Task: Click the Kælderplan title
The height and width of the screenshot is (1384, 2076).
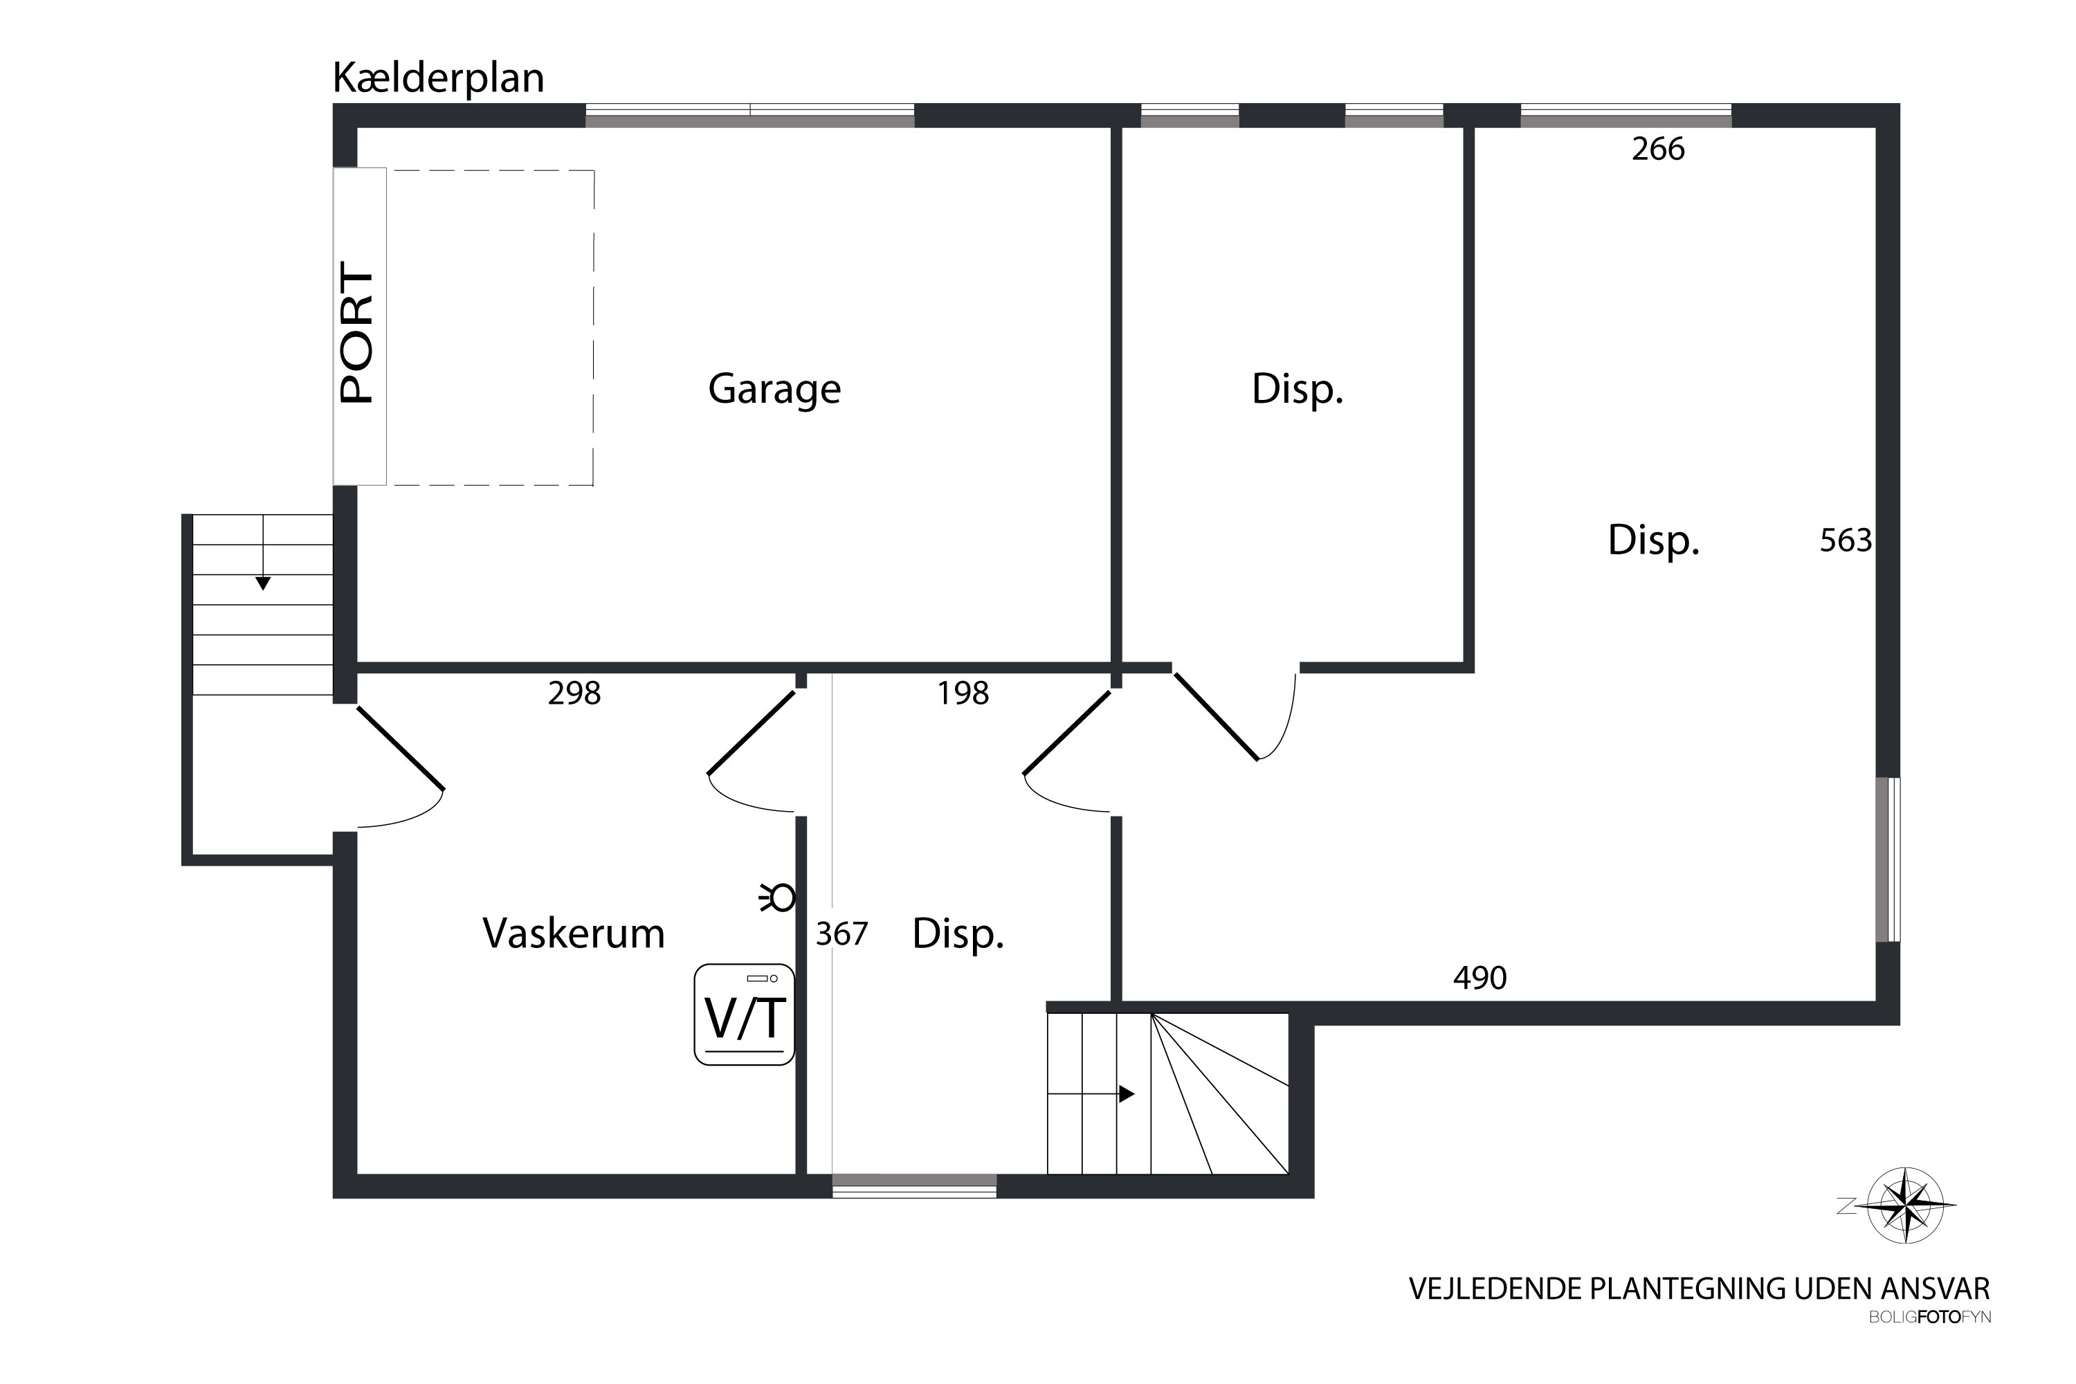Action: click(438, 79)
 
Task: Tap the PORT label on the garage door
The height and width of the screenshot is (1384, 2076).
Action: click(358, 333)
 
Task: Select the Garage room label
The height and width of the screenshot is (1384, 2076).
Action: click(774, 389)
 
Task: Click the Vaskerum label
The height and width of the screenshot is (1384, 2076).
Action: click(573, 934)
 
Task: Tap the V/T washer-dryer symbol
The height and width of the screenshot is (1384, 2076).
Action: click(744, 1014)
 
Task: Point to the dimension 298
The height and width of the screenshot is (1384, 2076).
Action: click(574, 694)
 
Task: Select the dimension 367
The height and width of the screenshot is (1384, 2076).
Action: click(841, 934)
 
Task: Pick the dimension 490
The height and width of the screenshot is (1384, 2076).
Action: click(1479, 978)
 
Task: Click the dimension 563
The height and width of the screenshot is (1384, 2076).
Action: click(1845, 540)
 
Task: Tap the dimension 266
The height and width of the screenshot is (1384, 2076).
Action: click(1657, 149)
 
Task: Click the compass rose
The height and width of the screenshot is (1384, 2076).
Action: click(1906, 1205)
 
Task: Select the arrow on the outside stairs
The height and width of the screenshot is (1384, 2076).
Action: click(262, 583)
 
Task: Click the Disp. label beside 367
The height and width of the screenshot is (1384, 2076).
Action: click(958, 934)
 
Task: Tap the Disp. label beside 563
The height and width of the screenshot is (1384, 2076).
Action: click(1652, 540)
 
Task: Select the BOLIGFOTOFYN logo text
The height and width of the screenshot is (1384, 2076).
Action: click(1929, 1318)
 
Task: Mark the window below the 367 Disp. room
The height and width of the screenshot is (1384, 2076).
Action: click(913, 1185)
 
